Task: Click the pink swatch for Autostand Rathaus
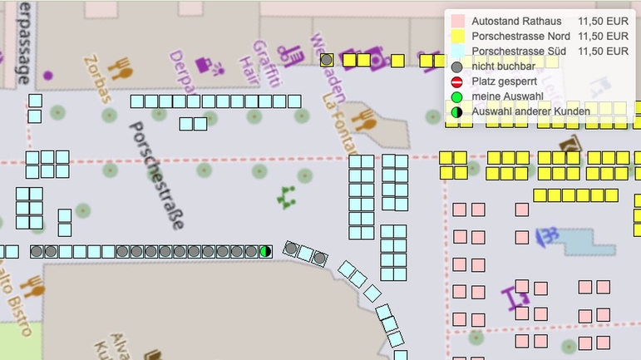click(x=456, y=21)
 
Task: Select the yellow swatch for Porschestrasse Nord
click(x=456, y=37)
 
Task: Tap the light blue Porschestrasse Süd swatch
click(x=456, y=52)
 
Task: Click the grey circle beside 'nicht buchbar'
click(x=456, y=67)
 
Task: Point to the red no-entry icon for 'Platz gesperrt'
click(x=456, y=81)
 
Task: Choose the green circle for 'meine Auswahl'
click(x=456, y=96)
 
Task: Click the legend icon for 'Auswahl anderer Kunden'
click(x=456, y=111)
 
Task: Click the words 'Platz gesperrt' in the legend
click(x=503, y=81)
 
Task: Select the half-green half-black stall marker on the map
click(x=265, y=251)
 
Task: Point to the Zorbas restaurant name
click(x=97, y=81)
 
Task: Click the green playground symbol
click(x=288, y=197)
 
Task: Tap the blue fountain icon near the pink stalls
click(x=550, y=236)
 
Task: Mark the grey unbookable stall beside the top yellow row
click(x=327, y=60)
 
